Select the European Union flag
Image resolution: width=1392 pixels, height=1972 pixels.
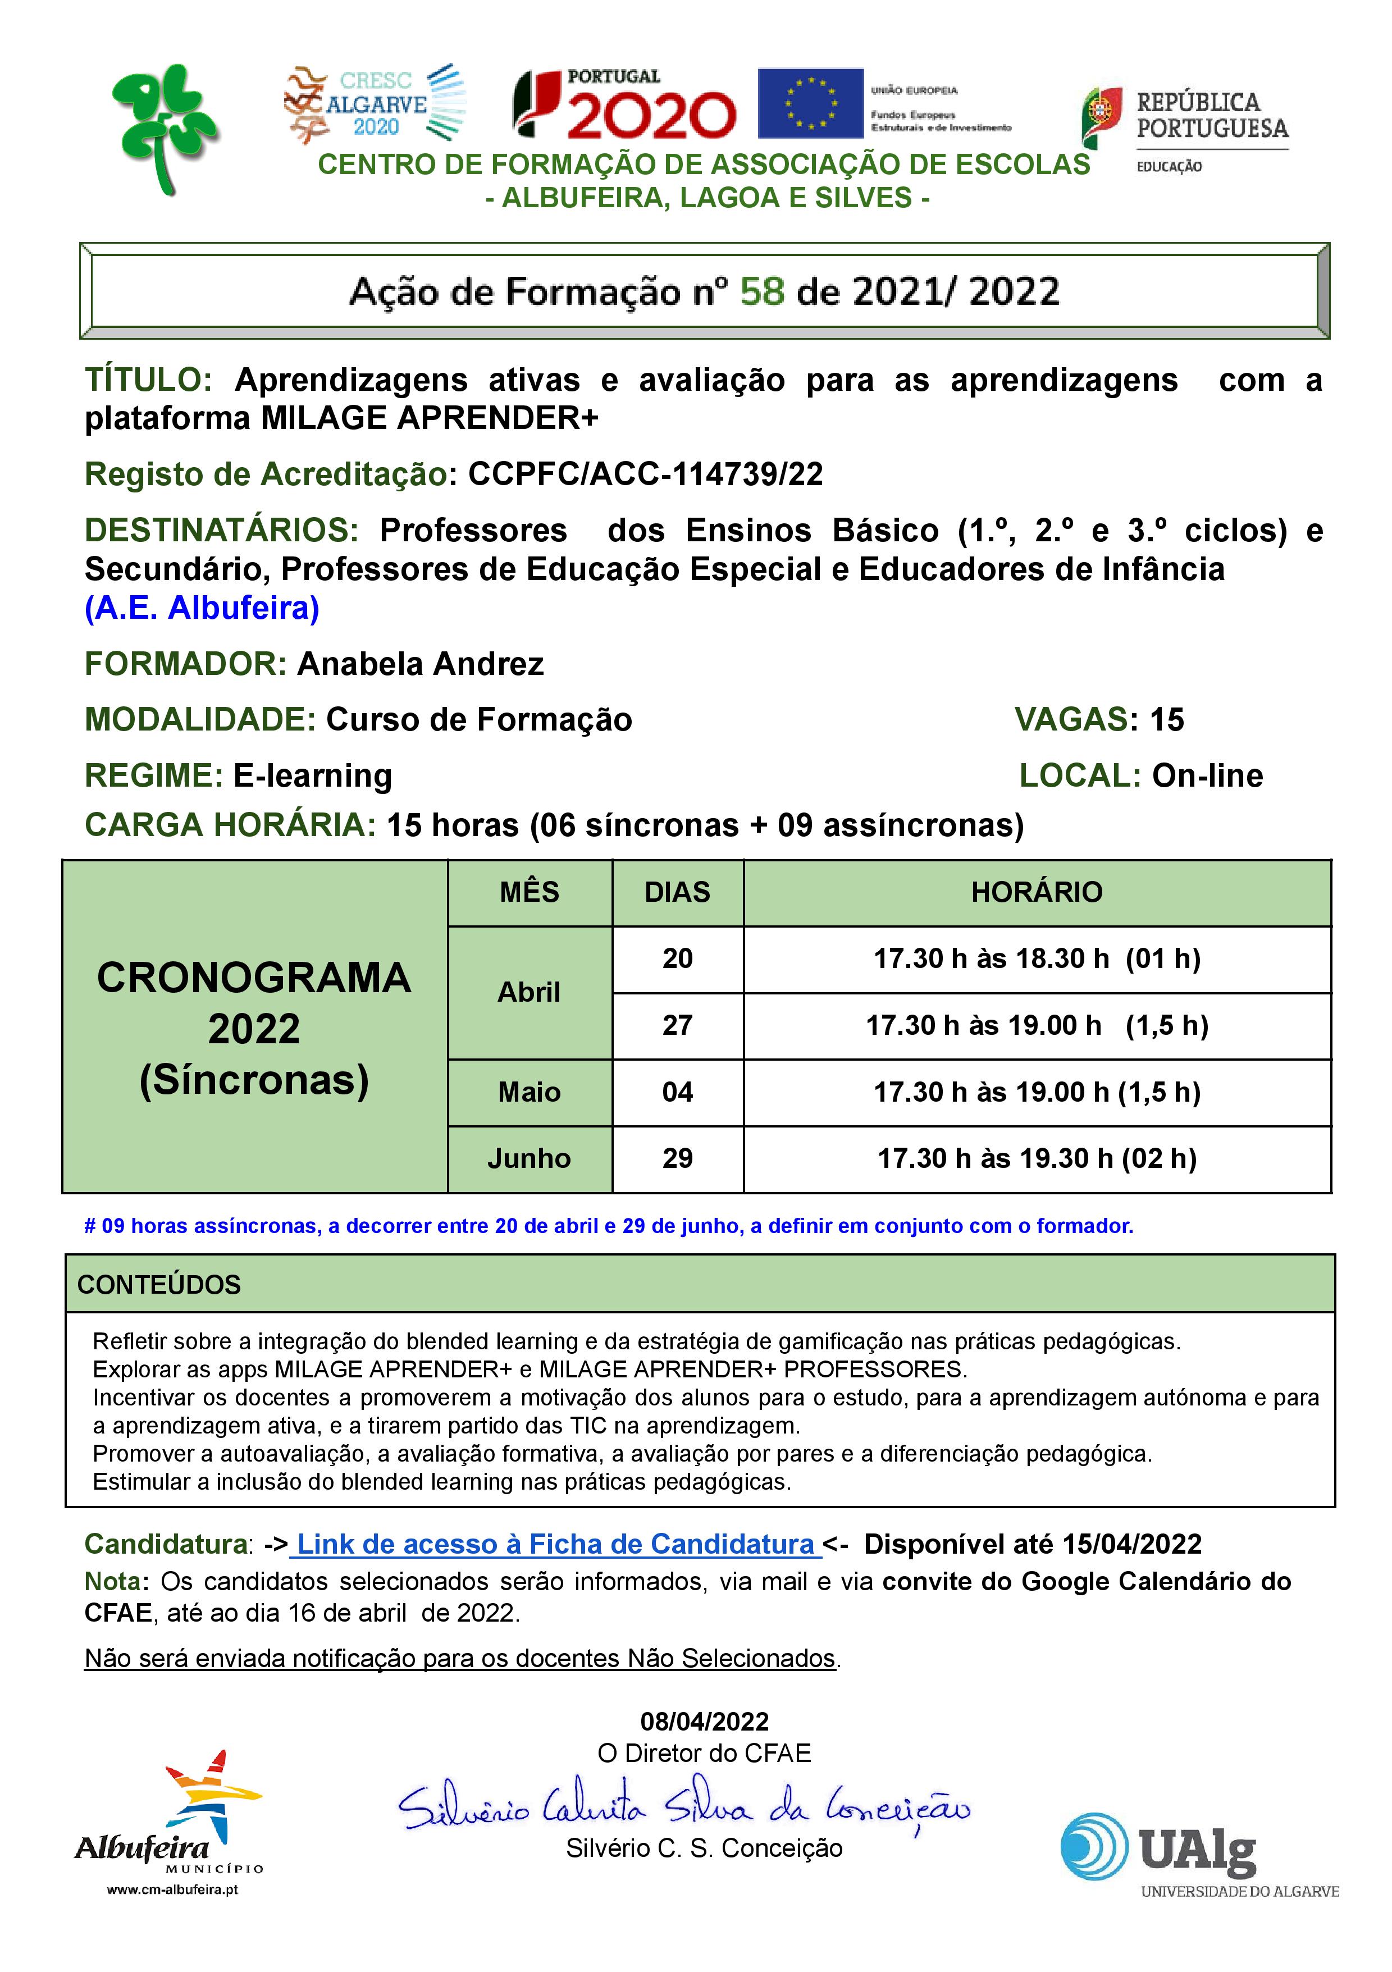click(x=810, y=104)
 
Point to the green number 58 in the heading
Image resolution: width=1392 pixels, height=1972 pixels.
click(x=761, y=292)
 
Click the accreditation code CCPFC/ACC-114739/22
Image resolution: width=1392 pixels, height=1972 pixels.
click(x=645, y=474)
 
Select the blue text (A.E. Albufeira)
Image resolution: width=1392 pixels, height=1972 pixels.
click(x=202, y=608)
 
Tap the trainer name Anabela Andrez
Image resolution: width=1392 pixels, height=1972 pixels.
click(x=420, y=664)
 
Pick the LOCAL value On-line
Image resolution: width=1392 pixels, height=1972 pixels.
click(x=1207, y=775)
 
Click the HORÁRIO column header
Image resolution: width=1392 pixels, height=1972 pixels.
click(x=1037, y=892)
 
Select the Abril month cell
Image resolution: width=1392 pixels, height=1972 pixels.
click(x=529, y=992)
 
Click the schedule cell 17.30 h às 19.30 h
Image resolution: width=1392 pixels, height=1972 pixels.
click(x=1037, y=1158)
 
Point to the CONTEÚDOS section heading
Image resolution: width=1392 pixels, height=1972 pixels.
click(x=159, y=1285)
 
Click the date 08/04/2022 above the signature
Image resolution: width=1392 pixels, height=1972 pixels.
click(x=704, y=1721)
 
